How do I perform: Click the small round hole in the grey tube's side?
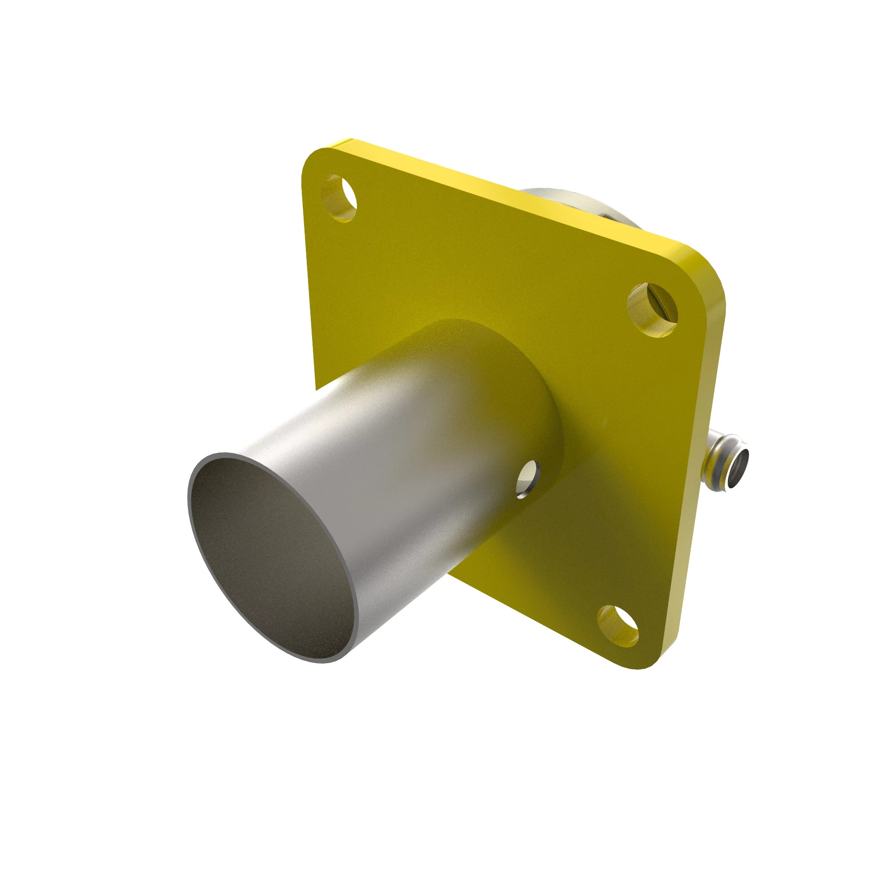pos(528,479)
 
